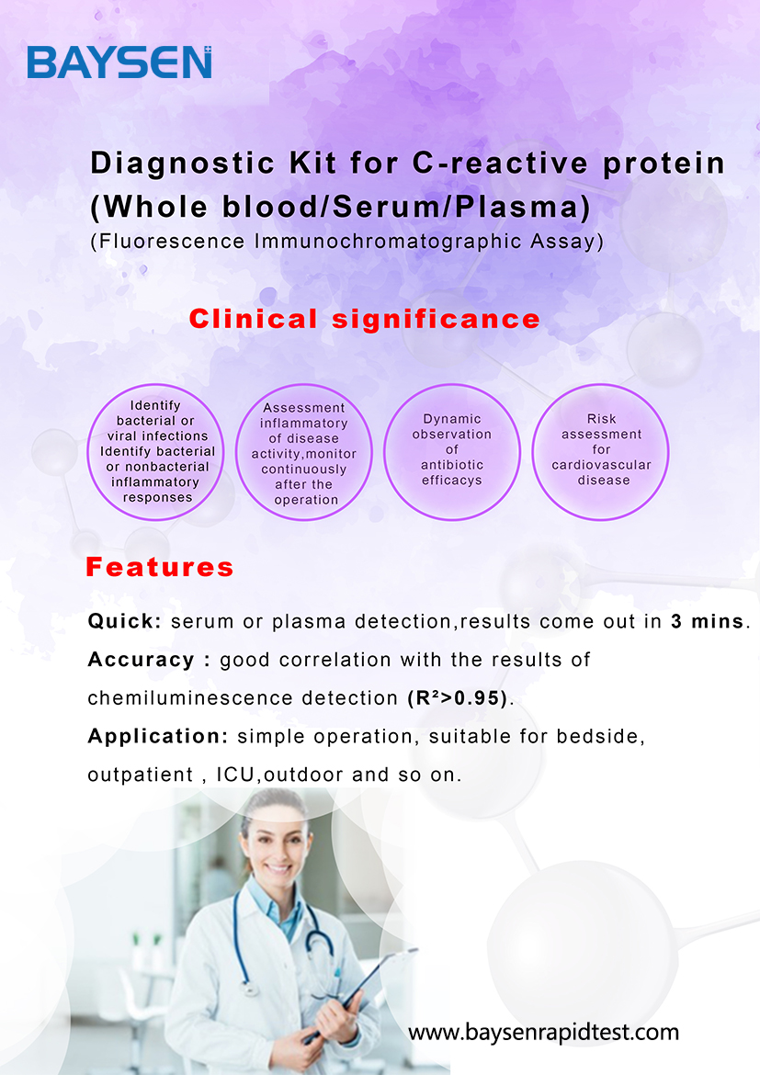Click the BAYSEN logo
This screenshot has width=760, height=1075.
click(x=119, y=62)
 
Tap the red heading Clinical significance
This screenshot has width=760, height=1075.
click(x=365, y=319)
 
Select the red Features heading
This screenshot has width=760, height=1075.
click(x=160, y=567)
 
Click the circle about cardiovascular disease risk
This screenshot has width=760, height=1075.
click(x=601, y=452)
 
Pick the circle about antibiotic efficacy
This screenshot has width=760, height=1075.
click(x=452, y=452)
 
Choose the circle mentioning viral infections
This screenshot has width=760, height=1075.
click(x=155, y=452)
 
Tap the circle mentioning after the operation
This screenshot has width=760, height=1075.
click(x=304, y=452)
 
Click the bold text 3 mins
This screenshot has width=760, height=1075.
click(x=708, y=621)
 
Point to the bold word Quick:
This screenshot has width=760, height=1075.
click(x=125, y=621)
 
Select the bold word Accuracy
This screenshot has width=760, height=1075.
click(x=142, y=660)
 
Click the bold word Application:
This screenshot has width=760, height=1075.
click(x=158, y=736)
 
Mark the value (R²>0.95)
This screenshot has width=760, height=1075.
click(x=459, y=698)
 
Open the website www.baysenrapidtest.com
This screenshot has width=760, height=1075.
click(x=543, y=1032)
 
